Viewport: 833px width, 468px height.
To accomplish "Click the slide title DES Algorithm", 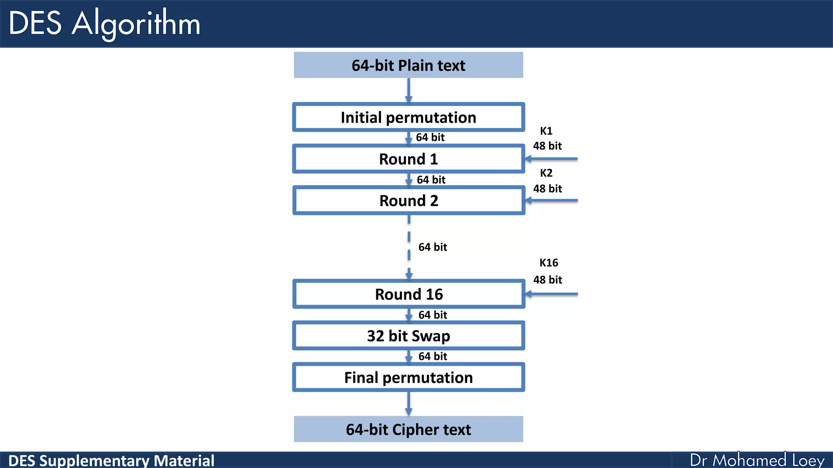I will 104,24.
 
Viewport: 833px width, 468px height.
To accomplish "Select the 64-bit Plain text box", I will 408,65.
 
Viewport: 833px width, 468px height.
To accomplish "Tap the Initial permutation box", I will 408,117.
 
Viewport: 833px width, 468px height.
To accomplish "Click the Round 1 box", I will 408,159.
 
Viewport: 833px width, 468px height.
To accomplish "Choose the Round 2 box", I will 408,201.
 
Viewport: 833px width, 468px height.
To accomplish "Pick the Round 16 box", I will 408,294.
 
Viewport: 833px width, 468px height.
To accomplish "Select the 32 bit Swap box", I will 408,336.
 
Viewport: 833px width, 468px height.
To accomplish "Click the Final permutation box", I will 408,377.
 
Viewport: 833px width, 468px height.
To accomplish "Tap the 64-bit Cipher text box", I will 408,429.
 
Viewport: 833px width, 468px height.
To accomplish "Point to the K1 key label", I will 546,131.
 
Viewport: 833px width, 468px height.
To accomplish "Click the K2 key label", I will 546,173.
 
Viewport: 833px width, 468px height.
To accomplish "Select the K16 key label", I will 548,263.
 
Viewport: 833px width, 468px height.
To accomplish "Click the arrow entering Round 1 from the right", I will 552,159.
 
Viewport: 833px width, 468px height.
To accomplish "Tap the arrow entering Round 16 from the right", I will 552,294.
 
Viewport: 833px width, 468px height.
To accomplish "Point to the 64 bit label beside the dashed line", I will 432,247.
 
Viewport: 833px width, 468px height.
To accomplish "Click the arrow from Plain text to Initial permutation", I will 408,90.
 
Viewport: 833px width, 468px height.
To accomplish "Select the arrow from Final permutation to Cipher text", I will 408,403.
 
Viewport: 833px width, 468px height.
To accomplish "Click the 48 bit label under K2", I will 547,188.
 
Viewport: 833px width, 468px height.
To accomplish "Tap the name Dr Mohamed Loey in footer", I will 757,460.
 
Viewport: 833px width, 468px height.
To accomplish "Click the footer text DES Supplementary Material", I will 111,461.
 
